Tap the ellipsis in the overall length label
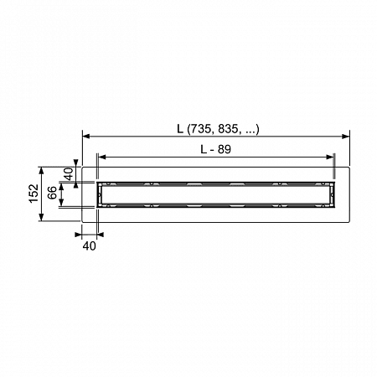click(250, 132)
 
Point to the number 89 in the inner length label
click(225, 149)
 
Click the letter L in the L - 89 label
click(204, 149)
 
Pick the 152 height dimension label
click(34, 194)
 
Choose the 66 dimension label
click(52, 193)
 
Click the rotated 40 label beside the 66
click(69, 173)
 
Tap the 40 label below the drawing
click(90, 246)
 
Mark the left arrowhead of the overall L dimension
click(86, 137)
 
